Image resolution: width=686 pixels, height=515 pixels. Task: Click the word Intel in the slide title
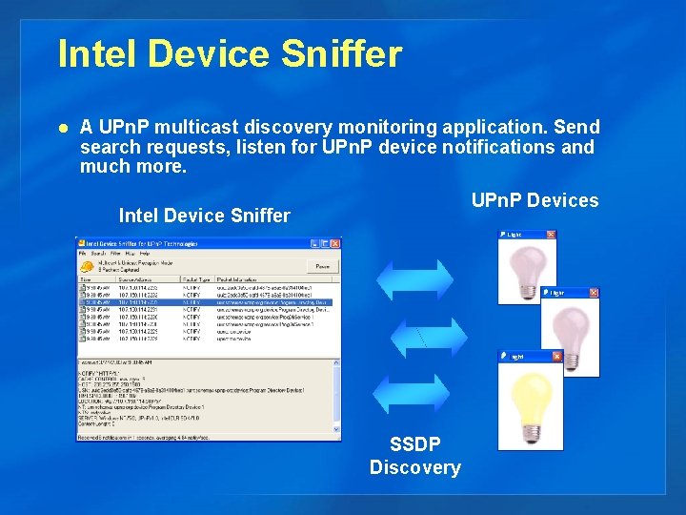(93, 54)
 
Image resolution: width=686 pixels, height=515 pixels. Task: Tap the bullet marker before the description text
(63, 127)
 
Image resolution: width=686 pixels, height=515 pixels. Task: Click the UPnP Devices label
(535, 200)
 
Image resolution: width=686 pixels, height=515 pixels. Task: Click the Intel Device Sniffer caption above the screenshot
(204, 216)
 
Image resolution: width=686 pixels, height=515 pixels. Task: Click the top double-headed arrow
(415, 278)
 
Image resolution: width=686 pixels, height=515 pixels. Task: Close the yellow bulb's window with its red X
(556, 357)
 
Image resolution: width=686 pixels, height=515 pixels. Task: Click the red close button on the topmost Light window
(550, 235)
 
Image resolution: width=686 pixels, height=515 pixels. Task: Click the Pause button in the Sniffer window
(323, 267)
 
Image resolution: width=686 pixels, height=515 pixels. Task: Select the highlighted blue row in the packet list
(205, 302)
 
